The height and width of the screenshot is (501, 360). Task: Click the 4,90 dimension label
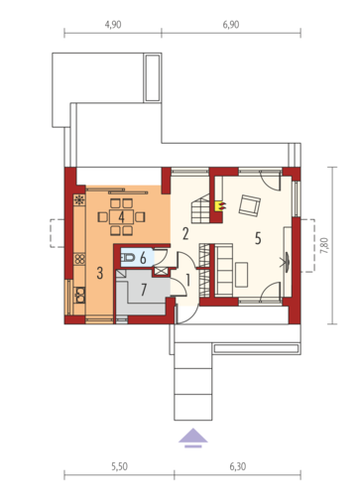coord(113,25)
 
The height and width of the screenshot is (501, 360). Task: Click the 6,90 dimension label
coord(231,25)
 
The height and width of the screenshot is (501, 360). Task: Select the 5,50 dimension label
coord(119,466)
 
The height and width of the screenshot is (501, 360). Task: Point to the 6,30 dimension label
coord(238,466)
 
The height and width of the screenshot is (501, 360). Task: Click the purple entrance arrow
coord(193,438)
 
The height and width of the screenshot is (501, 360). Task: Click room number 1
coord(188,281)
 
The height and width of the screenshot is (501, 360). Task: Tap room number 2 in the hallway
coord(185,234)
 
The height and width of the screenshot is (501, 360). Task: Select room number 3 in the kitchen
coord(100,273)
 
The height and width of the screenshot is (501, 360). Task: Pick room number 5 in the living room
coord(258,238)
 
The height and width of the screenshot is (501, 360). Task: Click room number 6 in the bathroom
coord(143,258)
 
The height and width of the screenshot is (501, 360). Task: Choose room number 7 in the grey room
coord(144,290)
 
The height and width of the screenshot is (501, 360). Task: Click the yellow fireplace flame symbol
coord(220,206)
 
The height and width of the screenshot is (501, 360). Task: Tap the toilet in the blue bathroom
coord(128,258)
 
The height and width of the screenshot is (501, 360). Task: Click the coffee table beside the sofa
coord(242,275)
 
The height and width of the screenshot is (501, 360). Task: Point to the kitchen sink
coord(79,295)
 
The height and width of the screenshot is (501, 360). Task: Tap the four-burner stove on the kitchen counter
coord(79,258)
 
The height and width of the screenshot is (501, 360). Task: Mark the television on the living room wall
coord(287,259)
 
